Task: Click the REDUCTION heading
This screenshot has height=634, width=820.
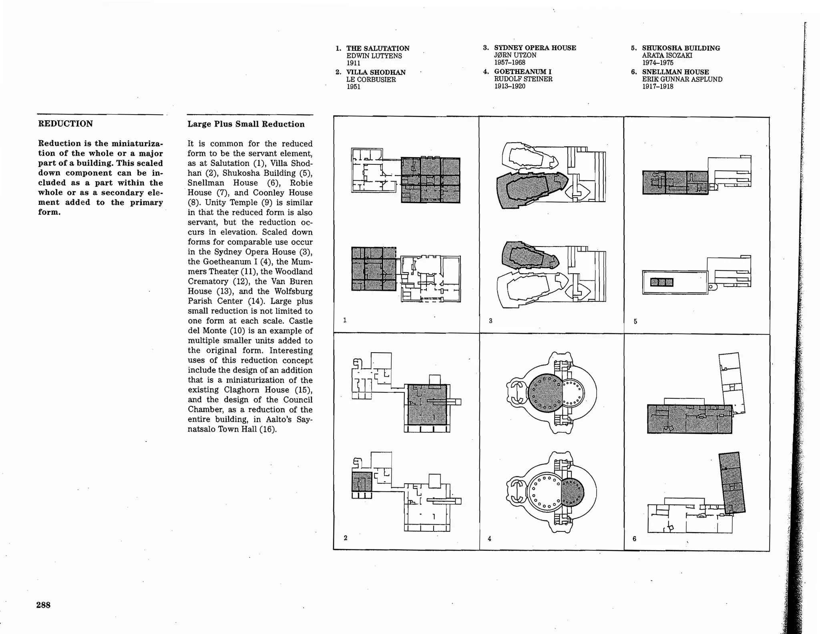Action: [x=65, y=123]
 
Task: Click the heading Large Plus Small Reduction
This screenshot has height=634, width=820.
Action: [x=246, y=124]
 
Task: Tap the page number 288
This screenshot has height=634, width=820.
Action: [x=43, y=605]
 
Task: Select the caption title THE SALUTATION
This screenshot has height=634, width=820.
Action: [x=378, y=48]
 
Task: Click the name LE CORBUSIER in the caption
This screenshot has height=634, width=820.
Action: [x=371, y=80]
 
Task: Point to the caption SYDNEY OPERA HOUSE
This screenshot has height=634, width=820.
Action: [x=535, y=48]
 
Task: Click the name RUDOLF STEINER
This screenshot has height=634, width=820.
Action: [x=523, y=79]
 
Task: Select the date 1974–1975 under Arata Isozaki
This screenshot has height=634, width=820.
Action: [x=657, y=63]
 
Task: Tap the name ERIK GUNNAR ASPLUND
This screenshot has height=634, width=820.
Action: [x=682, y=79]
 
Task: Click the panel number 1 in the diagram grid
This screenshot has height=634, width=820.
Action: [x=345, y=320]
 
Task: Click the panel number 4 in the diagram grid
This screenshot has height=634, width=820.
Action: [x=489, y=539]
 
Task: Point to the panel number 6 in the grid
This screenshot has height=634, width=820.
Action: [x=634, y=539]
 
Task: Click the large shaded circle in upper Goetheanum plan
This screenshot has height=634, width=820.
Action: [x=545, y=393]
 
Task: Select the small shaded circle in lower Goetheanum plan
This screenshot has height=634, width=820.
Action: [x=573, y=492]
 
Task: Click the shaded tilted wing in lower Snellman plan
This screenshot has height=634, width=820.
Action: [x=732, y=483]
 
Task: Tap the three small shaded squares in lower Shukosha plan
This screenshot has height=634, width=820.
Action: [x=661, y=282]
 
